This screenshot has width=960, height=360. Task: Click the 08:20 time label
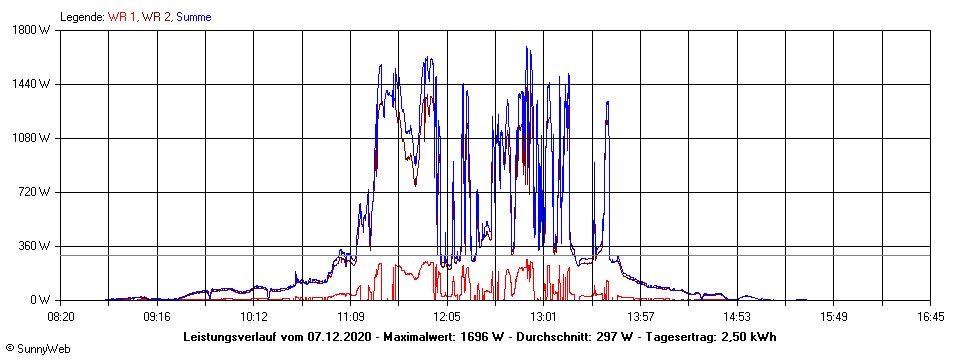[61, 316]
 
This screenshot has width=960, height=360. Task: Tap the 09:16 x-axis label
[158, 316]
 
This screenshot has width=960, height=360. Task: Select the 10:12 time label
[254, 316]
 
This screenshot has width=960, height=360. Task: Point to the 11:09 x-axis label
[351, 316]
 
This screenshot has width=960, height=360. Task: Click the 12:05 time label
[447, 316]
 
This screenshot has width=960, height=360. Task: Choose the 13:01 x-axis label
[544, 316]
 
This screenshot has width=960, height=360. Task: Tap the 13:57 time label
[641, 316]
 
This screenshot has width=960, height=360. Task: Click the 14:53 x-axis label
[737, 316]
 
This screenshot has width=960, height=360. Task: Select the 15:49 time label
[834, 316]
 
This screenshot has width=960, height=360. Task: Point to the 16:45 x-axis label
[930, 316]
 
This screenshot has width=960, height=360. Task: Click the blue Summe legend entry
[193, 17]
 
